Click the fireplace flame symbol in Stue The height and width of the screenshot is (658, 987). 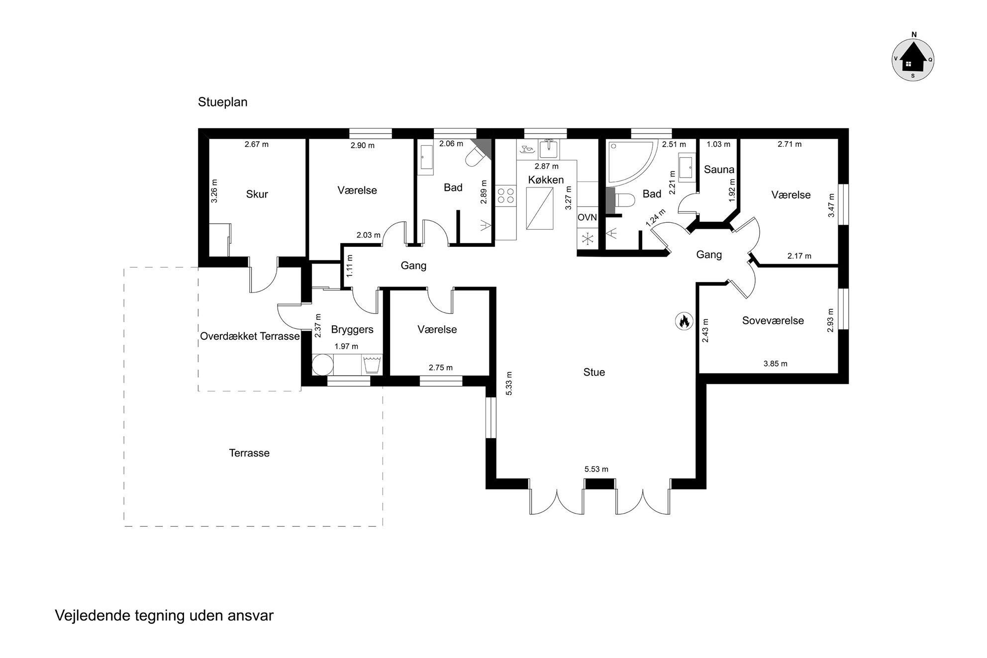coord(684,321)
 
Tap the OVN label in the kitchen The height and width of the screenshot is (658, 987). coord(587,217)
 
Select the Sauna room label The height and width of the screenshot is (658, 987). coord(719,170)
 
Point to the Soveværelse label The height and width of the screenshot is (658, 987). coord(773,321)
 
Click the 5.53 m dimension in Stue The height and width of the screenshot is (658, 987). coord(596,469)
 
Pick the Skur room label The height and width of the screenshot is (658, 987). coord(257,194)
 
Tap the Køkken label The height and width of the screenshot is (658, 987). coord(546,180)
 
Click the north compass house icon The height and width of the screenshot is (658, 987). coord(912,59)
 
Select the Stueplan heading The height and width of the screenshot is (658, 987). coord(222,102)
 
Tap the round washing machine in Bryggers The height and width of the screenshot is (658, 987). coord(322,364)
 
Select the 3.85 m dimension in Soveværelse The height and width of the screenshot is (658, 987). coord(775,364)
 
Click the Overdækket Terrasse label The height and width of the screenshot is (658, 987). coord(250,336)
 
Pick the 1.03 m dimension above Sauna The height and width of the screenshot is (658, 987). coord(718,144)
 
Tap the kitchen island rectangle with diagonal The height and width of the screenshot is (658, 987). coord(540,208)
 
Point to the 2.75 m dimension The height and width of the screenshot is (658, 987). coord(441,368)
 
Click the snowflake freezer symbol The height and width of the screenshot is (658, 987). coord(587,238)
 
